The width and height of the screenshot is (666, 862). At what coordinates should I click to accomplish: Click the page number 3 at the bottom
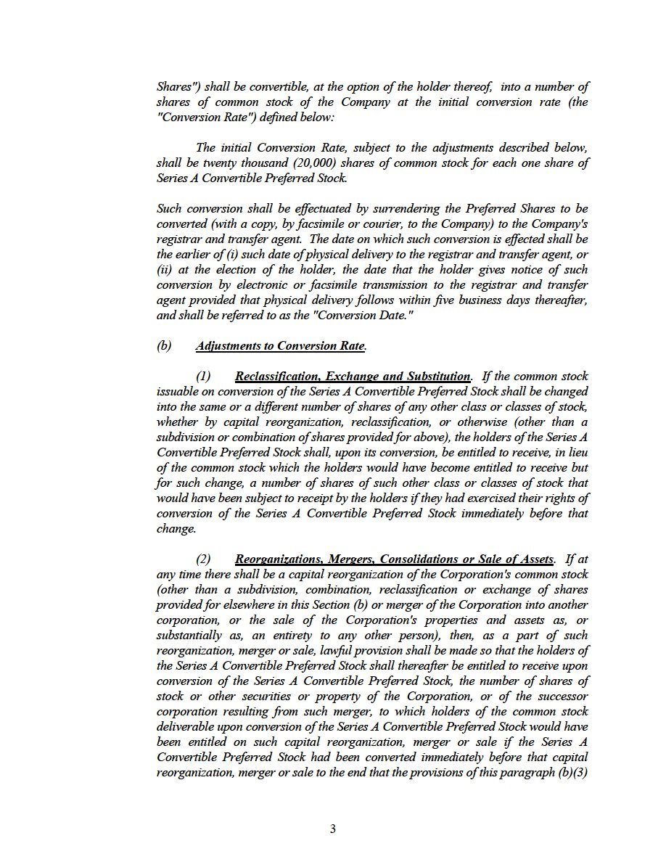coord(333,829)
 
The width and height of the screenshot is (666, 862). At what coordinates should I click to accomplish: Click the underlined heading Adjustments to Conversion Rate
coord(280,346)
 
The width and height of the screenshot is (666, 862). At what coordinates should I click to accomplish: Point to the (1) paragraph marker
coord(203,377)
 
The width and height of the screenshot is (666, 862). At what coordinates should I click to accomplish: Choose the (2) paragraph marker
coord(203,559)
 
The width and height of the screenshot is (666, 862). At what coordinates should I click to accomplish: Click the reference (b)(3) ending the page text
coord(573,773)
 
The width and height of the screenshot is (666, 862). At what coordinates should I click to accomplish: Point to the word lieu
coord(577,453)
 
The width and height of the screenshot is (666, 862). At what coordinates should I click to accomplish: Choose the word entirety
coord(281,636)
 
